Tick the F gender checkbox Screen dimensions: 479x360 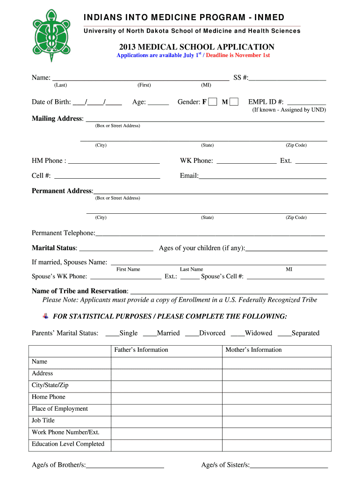click(213, 102)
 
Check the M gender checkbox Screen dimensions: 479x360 click(234, 102)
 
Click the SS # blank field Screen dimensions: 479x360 click(288, 77)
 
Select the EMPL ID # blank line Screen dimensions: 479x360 click(306, 102)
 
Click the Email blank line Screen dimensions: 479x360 click(262, 176)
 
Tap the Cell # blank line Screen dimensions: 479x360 click(107, 176)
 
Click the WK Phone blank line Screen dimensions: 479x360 click(246, 161)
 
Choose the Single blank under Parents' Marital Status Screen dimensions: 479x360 click(112, 334)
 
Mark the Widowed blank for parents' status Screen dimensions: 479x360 click(238, 334)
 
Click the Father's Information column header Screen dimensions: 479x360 click(141, 350)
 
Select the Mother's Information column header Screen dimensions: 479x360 click(253, 350)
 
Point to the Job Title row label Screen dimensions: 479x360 click(43, 421)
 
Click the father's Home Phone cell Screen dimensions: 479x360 click(166, 397)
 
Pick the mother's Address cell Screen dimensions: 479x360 click(276, 374)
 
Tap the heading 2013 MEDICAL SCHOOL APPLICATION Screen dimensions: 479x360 click(196, 47)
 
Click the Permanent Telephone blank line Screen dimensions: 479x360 click(210, 233)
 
